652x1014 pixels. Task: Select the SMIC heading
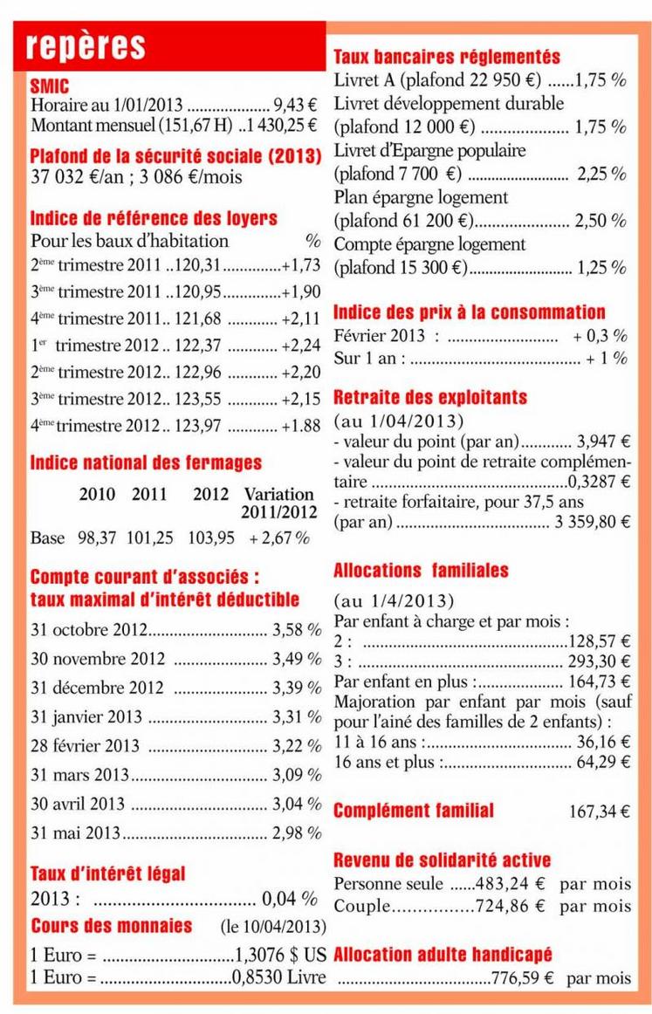click(49, 86)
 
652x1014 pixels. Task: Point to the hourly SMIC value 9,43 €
click(296, 106)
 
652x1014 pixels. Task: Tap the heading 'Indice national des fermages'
click(146, 462)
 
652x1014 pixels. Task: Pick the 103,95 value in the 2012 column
click(211, 538)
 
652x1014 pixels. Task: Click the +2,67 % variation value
click(279, 538)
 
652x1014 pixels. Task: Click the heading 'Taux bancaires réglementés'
click(447, 58)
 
